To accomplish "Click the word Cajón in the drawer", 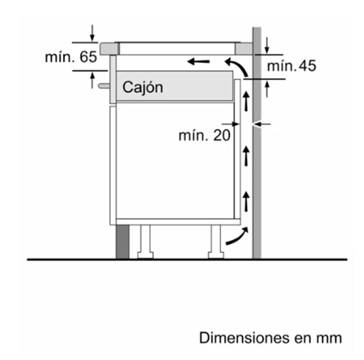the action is tap(143, 87).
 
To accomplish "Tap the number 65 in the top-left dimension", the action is tap(88, 57).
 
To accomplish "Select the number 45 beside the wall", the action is tap(307, 66).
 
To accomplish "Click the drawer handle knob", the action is tap(104, 86).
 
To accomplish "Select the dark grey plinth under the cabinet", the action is tap(122, 242).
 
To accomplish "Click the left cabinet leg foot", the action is tap(145, 255).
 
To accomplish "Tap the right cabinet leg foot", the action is tap(216, 255).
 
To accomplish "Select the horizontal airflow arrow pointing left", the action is tap(199, 62).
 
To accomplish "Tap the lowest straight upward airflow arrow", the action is tap(246, 201).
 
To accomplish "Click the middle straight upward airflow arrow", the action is tap(246, 156).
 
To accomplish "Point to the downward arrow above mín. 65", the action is tap(92, 33).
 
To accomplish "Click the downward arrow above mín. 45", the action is tap(267, 46).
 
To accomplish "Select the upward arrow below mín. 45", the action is tap(267, 89).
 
